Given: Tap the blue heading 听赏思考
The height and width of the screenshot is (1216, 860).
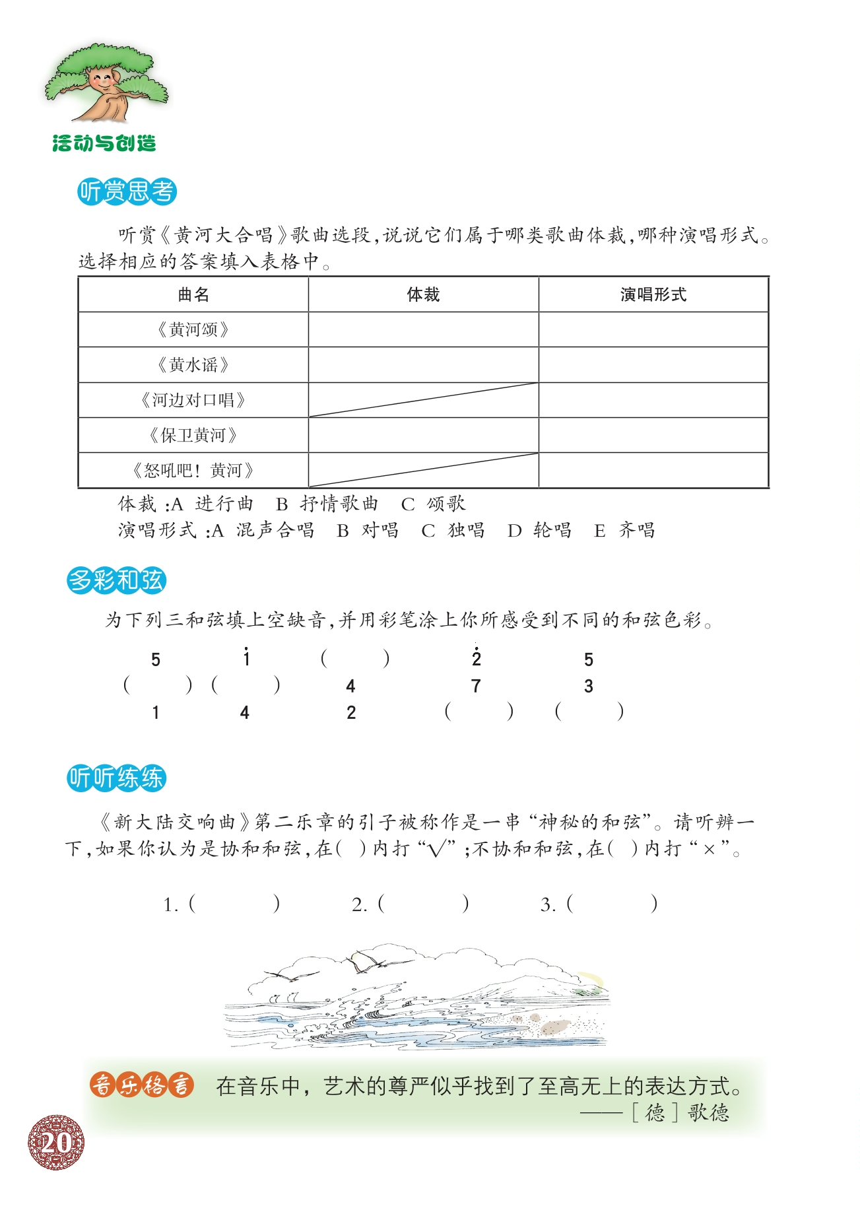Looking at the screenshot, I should pyautogui.click(x=127, y=191).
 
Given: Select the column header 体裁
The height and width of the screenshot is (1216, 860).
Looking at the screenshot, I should pyautogui.click(x=423, y=294).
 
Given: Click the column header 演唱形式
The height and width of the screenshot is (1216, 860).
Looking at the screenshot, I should pyautogui.click(x=653, y=294).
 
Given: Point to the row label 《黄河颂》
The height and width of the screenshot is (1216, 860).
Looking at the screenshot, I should pyautogui.click(x=193, y=329).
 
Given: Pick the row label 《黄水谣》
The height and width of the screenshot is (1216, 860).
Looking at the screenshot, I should pyautogui.click(x=193, y=364).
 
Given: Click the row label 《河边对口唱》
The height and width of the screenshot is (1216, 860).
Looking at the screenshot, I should pyautogui.click(x=193, y=400).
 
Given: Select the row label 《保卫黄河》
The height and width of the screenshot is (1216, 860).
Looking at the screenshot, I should pyautogui.click(x=193, y=435).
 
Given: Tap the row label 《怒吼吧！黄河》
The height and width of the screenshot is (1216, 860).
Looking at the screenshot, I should pyautogui.click(x=193, y=471).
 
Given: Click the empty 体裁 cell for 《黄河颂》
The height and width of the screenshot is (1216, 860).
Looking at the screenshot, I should pyautogui.click(x=423, y=329).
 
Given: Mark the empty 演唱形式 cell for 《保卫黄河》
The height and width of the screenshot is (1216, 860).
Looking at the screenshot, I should pyautogui.click(x=653, y=435).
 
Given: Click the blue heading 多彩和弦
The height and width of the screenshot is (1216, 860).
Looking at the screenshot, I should pyautogui.click(x=116, y=580).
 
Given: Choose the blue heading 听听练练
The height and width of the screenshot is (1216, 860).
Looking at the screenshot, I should pyautogui.click(x=116, y=778).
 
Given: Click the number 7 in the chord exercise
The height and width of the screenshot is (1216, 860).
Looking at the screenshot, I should pyautogui.click(x=476, y=687).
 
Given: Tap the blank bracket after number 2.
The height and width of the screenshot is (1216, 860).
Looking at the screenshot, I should pyautogui.click(x=422, y=903).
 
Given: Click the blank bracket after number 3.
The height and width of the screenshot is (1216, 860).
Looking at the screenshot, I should pyautogui.click(x=611, y=903).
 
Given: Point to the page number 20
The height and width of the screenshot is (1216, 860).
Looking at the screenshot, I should pyautogui.click(x=56, y=1143).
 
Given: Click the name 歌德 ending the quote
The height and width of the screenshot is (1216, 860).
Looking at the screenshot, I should pyautogui.click(x=708, y=1113).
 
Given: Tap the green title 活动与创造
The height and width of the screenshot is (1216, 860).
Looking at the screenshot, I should pyautogui.click(x=104, y=143).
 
